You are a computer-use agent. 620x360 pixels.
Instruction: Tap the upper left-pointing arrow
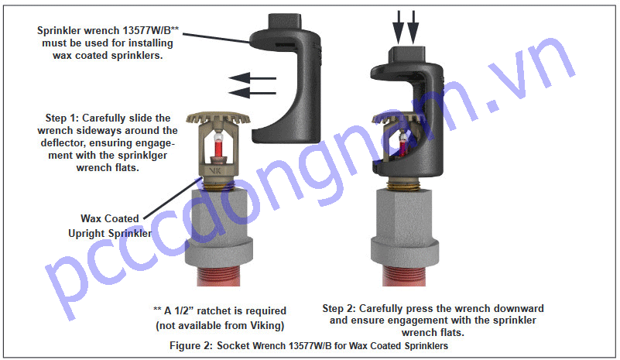[x=252, y=77]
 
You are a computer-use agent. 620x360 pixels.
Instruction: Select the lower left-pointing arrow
[x=252, y=93]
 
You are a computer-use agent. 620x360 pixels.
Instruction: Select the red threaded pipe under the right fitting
[x=403, y=283]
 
